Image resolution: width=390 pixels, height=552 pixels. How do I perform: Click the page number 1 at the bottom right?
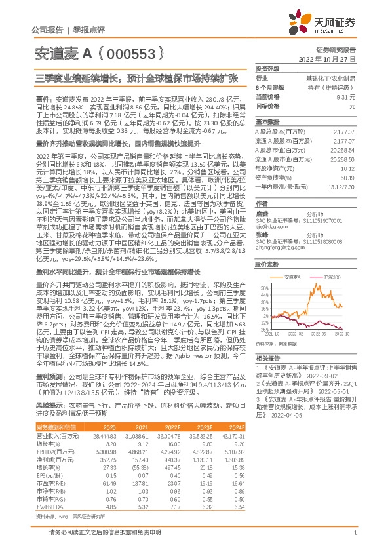355,533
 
